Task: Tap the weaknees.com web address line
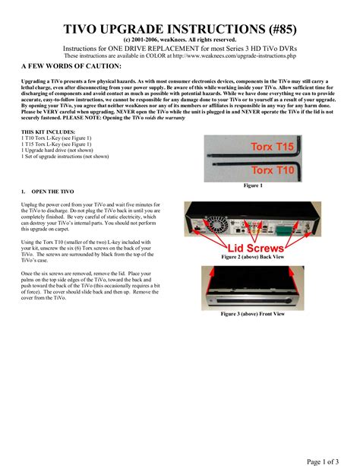coord(179,56)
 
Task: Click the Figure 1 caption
coord(252,185)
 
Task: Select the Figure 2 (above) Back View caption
coord(251,257)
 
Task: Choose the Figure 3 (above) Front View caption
coord(252,312)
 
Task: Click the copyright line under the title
coord(179,40)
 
